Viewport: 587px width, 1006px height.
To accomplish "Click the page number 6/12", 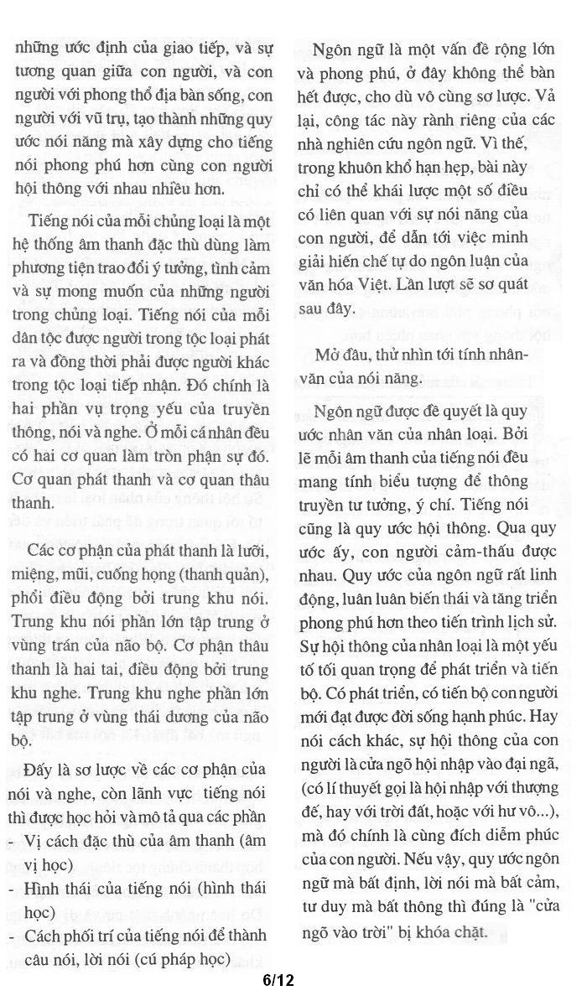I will [x=278, y=978].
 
